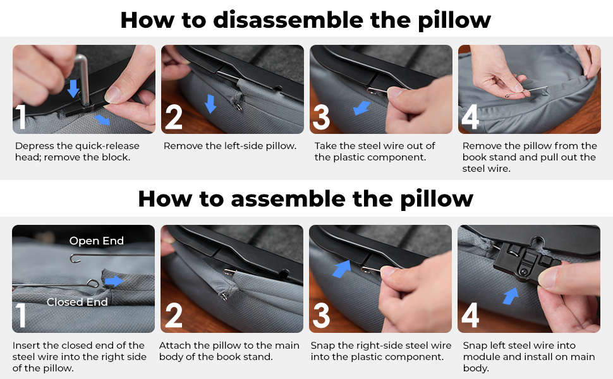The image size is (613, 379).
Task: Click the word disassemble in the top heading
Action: click(x=288, y=20)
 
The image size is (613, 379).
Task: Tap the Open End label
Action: click(x=97, y=241)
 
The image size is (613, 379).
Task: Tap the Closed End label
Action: click(x=77, y=302)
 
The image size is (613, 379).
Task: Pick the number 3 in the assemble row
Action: click(x=321, y=315)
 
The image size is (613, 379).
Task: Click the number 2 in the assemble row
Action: click(x=174, y=315)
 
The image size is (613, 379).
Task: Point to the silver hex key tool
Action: click(x=82, y=78)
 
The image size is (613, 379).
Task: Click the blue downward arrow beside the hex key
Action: click(x=73, y=88)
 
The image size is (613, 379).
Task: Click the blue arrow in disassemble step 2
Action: click(x=210, y=104)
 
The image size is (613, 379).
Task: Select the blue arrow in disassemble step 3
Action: click(x=361, y=108)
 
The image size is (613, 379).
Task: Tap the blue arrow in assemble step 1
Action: click(x=114, y=281)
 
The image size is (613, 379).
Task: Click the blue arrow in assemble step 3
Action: click(x=342, y=269)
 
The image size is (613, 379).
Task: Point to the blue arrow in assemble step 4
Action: click(x=511, y=296)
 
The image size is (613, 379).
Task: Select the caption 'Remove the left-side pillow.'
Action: click(x=230, y=146)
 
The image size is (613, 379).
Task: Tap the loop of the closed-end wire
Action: click(x=93, y=283)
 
